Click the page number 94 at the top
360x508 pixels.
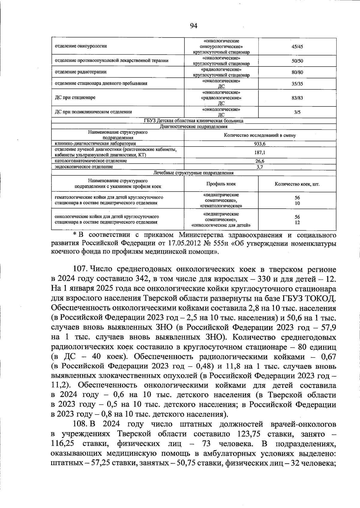click(193, 26)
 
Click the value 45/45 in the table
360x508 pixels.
click(297, 46)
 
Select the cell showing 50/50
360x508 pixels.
click(297, 61)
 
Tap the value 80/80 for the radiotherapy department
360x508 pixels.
click(297, 72)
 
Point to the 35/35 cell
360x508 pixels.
click(297, 84)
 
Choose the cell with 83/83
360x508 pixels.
click(297, 98)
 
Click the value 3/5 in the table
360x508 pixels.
click(297, 112)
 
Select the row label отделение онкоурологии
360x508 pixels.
click(81, 46)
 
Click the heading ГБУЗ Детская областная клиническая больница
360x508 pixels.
click(193, 121)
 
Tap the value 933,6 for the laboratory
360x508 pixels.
click(260, 144)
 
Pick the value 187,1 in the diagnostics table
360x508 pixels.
click(260, 153)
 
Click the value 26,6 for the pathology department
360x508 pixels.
click(260, 161)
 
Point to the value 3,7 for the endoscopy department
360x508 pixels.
click(260, 167)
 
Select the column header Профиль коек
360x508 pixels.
click(221, 184)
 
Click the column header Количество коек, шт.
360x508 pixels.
click(297, 184)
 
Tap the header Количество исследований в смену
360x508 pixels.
click(260, 135)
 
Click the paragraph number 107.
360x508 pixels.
click(79, 270)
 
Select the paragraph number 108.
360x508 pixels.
click(79, 424)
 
